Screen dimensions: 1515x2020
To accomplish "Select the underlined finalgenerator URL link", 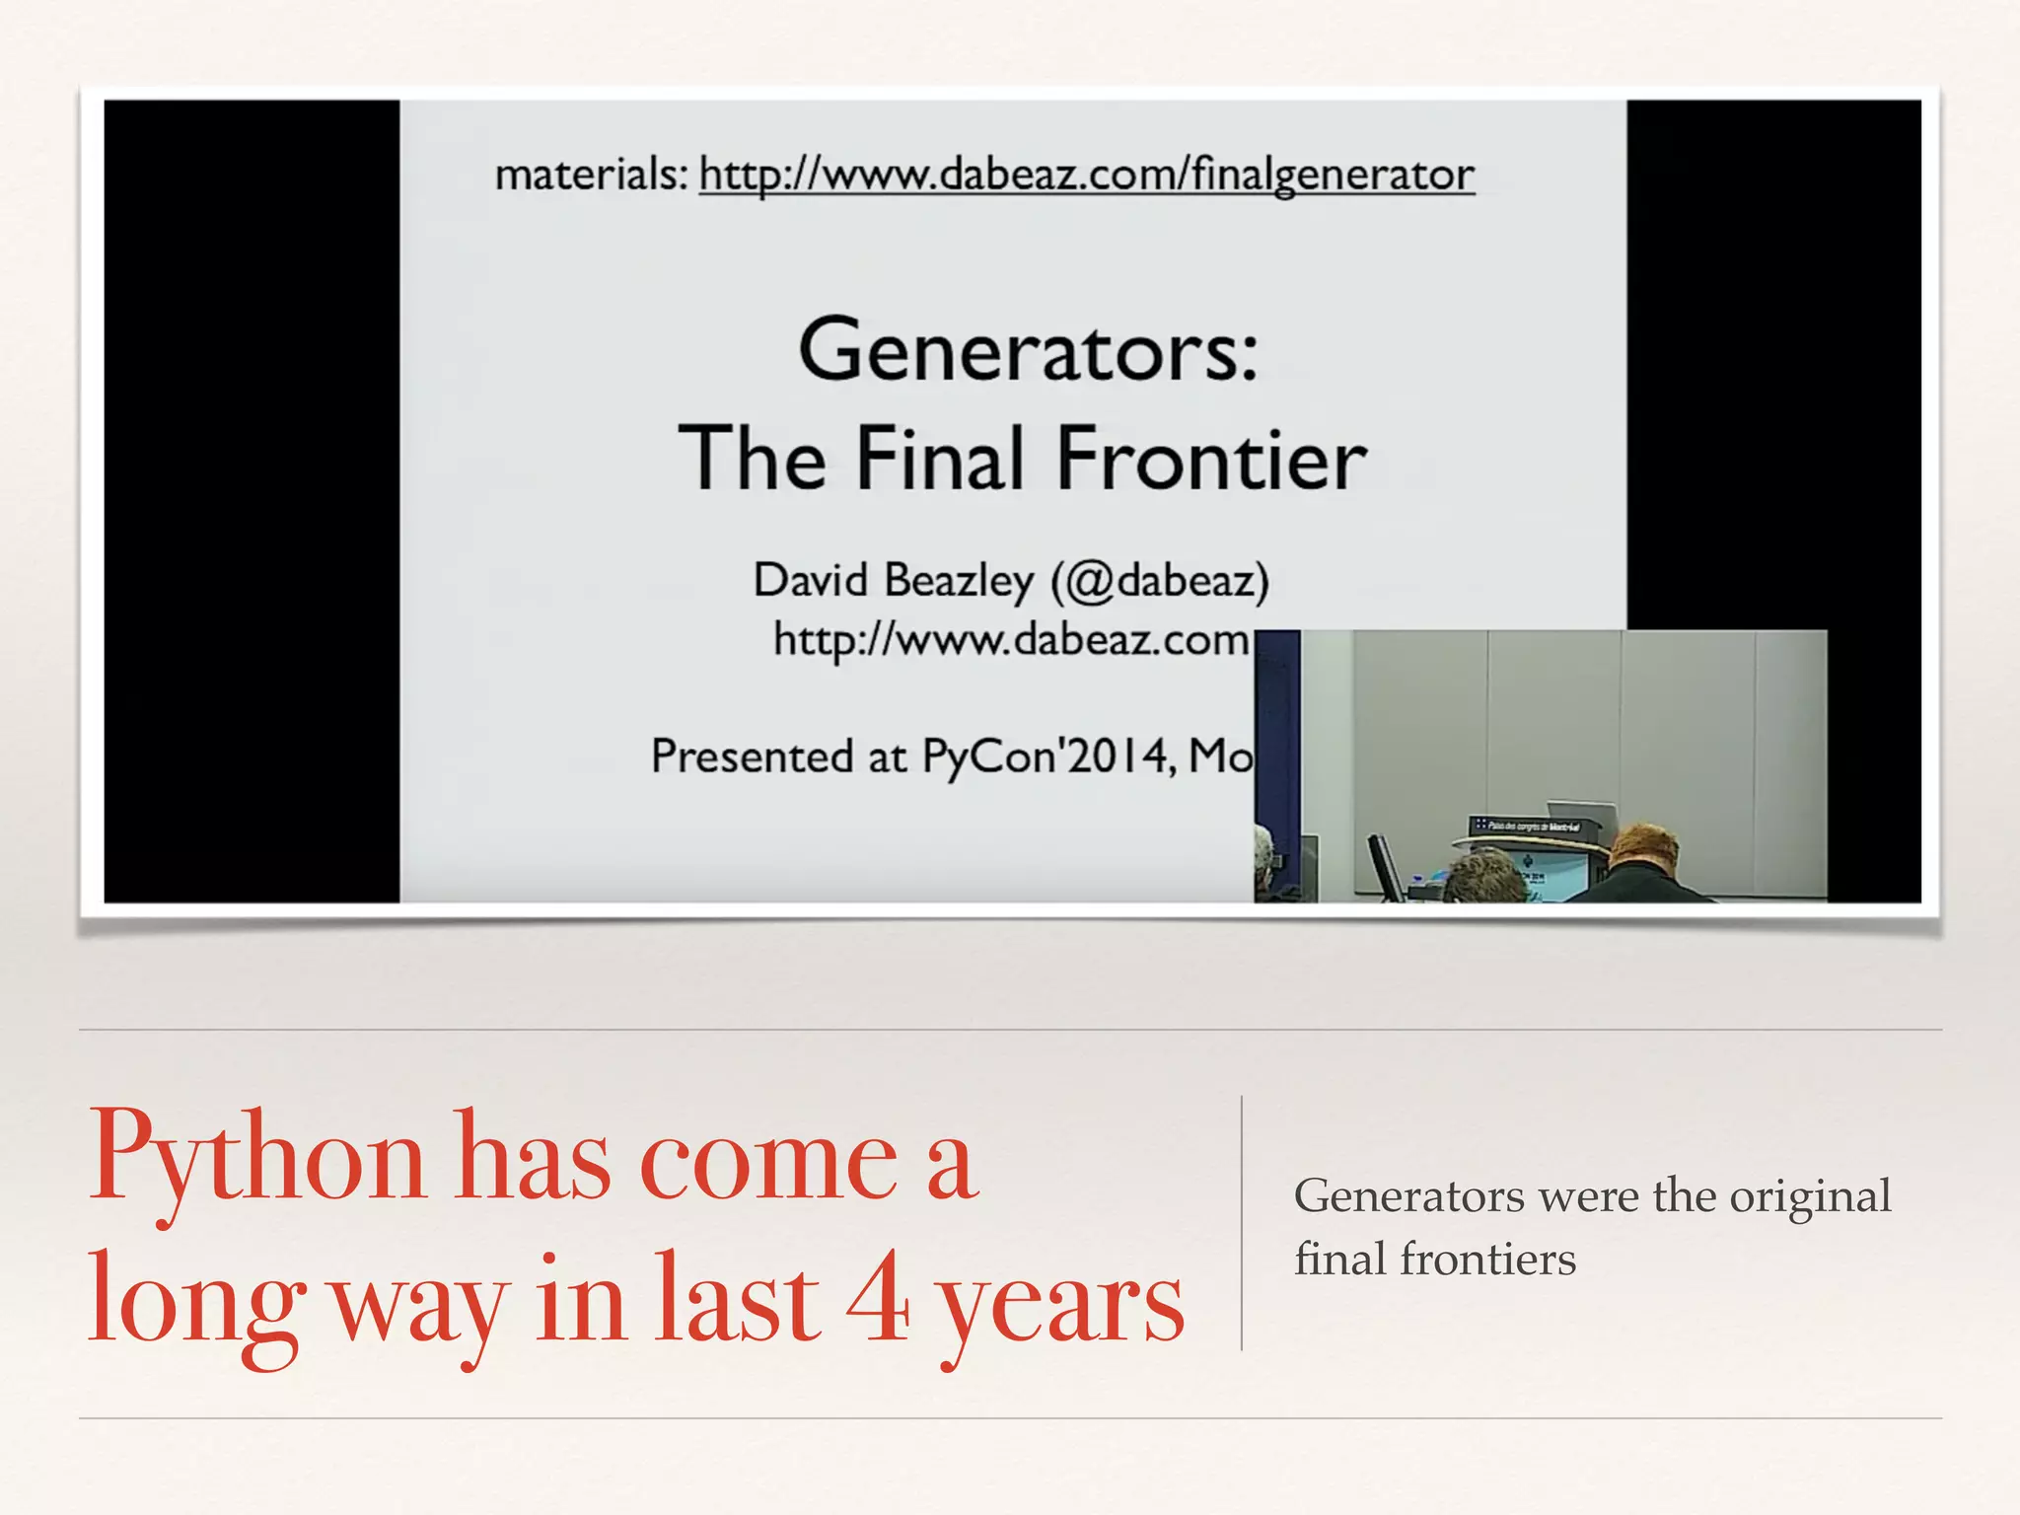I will tap(1086, 175).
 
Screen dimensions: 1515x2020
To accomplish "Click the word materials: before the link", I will tap(591, 175).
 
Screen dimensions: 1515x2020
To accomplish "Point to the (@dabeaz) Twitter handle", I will tap(1160, 580).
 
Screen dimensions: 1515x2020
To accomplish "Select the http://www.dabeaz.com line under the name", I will tap(1011, 640).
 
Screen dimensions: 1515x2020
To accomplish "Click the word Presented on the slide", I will tap(752, 757).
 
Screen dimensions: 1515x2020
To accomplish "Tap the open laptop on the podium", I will tap(1583, 815).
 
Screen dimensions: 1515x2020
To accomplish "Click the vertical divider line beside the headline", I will tap(1241, 1223).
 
